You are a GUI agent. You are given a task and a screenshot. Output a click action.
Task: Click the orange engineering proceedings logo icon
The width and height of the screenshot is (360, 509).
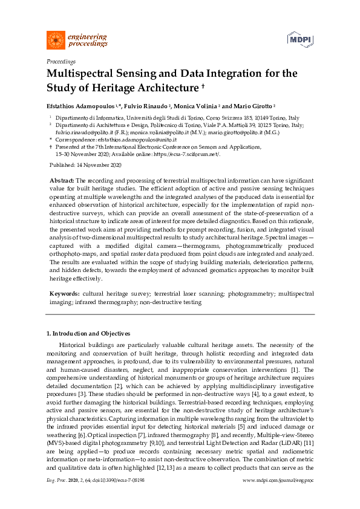(x=56, y=40)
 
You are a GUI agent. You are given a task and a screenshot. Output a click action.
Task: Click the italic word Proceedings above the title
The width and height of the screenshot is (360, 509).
(x=61, y=62)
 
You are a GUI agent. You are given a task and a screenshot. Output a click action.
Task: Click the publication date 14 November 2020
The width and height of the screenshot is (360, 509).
(x=99, y=165)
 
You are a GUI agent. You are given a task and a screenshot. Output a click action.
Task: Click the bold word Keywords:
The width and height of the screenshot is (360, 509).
(x=63, y=293)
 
